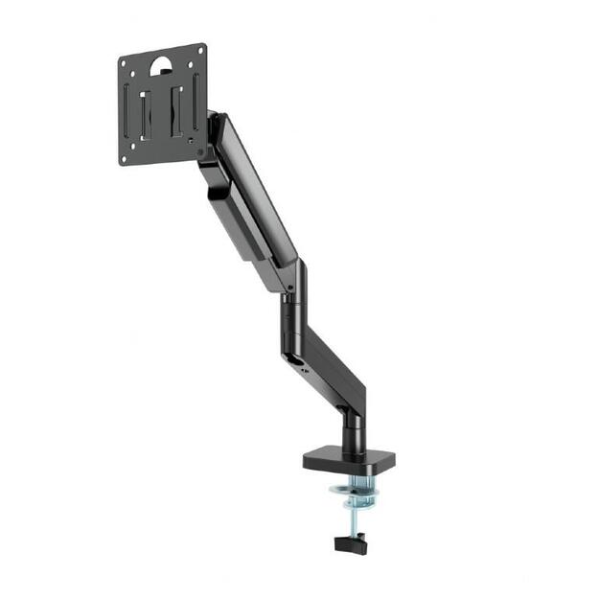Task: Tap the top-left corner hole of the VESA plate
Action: point(125,62)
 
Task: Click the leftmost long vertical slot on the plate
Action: point(127,111)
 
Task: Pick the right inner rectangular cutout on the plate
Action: point(178,108)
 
